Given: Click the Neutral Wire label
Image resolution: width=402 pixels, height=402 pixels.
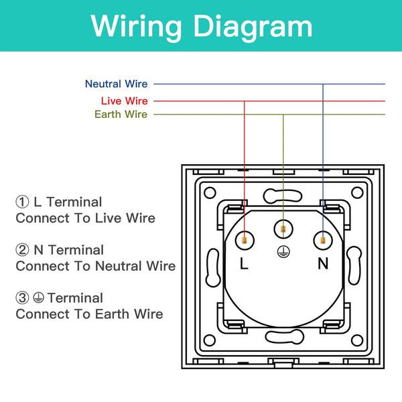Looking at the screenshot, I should click(x=116, y=84).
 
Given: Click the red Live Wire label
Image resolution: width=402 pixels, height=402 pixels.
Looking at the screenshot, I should click(x=124, y=100).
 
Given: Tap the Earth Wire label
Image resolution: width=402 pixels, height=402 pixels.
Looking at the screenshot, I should click(x=121, y=115).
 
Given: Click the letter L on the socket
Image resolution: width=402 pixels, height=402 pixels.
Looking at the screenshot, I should click(x=244, y=263).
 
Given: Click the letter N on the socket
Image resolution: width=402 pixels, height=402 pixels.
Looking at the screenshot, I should click(x=323, y=263).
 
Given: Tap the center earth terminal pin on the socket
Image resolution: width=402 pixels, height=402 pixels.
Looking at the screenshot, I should click(x=283, y=230).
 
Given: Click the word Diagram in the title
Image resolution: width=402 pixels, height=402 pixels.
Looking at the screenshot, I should click(x=254, y=27).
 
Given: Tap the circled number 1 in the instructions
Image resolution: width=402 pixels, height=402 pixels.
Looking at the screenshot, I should click(x=23, y=202).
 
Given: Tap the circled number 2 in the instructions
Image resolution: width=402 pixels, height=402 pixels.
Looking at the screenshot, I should click(x=23, y=250).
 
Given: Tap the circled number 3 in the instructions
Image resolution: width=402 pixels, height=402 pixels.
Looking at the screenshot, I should click(x=23, y=298).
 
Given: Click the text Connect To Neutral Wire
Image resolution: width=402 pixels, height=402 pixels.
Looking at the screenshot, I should click(x=96, y=266).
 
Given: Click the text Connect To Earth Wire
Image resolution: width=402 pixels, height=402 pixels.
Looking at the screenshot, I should click(x=89, y=314).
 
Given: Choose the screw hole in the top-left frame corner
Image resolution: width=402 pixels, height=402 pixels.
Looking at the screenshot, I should click(x=208, y=192).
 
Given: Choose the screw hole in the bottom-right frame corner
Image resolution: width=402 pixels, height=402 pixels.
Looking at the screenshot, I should click(x=358, y=342).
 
